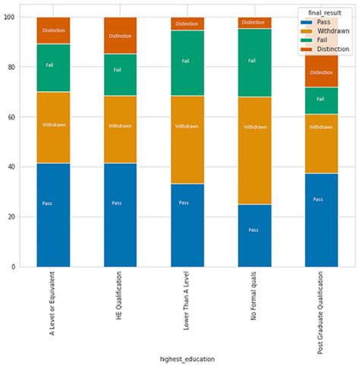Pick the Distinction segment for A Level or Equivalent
pos(53,30)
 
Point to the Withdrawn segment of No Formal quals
pos(254,150)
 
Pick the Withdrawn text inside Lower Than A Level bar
pos(187,126)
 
